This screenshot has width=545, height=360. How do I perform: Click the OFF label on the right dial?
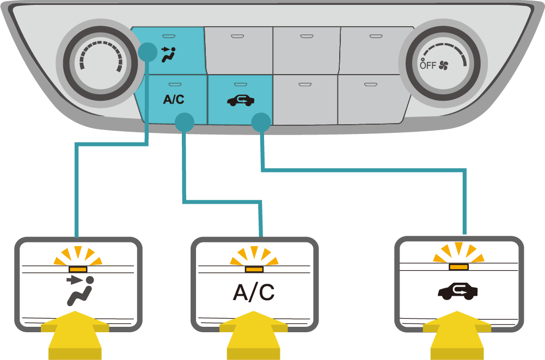428,65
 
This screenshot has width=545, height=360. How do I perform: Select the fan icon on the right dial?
444,66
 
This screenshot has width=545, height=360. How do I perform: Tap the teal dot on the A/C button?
185,122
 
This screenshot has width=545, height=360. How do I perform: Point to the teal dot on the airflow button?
148,53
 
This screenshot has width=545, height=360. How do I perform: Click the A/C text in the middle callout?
254,292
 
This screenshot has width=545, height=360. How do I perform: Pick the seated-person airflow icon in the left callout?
80,291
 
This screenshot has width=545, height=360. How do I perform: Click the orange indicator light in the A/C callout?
254,269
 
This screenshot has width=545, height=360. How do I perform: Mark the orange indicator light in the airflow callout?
78,269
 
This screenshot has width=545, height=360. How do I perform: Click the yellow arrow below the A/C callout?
253,335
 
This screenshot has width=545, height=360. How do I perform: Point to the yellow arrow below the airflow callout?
76,335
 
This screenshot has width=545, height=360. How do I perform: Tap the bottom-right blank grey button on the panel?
371,99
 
